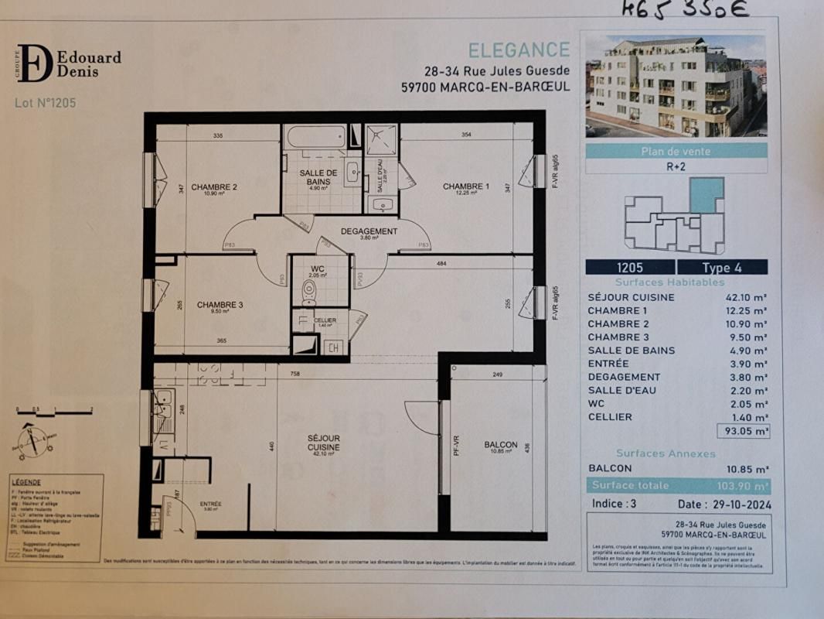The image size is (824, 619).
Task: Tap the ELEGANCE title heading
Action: (519, 50)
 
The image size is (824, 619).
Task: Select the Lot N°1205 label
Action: (46, 103)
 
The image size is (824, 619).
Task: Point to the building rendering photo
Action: (675, 85)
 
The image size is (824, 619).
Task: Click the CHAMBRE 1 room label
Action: (465, 186)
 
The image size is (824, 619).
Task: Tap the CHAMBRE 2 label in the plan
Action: (214, 186)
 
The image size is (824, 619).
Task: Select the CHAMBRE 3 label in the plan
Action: (220, 305)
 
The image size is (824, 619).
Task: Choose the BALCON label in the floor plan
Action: (500, 444)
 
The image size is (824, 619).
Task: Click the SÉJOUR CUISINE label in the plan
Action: (324, 443)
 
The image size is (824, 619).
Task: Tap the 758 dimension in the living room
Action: (295, 374)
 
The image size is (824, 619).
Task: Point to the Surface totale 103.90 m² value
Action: (739, 486)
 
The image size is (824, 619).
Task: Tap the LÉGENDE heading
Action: (27, 481)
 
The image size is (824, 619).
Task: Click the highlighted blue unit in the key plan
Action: (706, 195)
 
